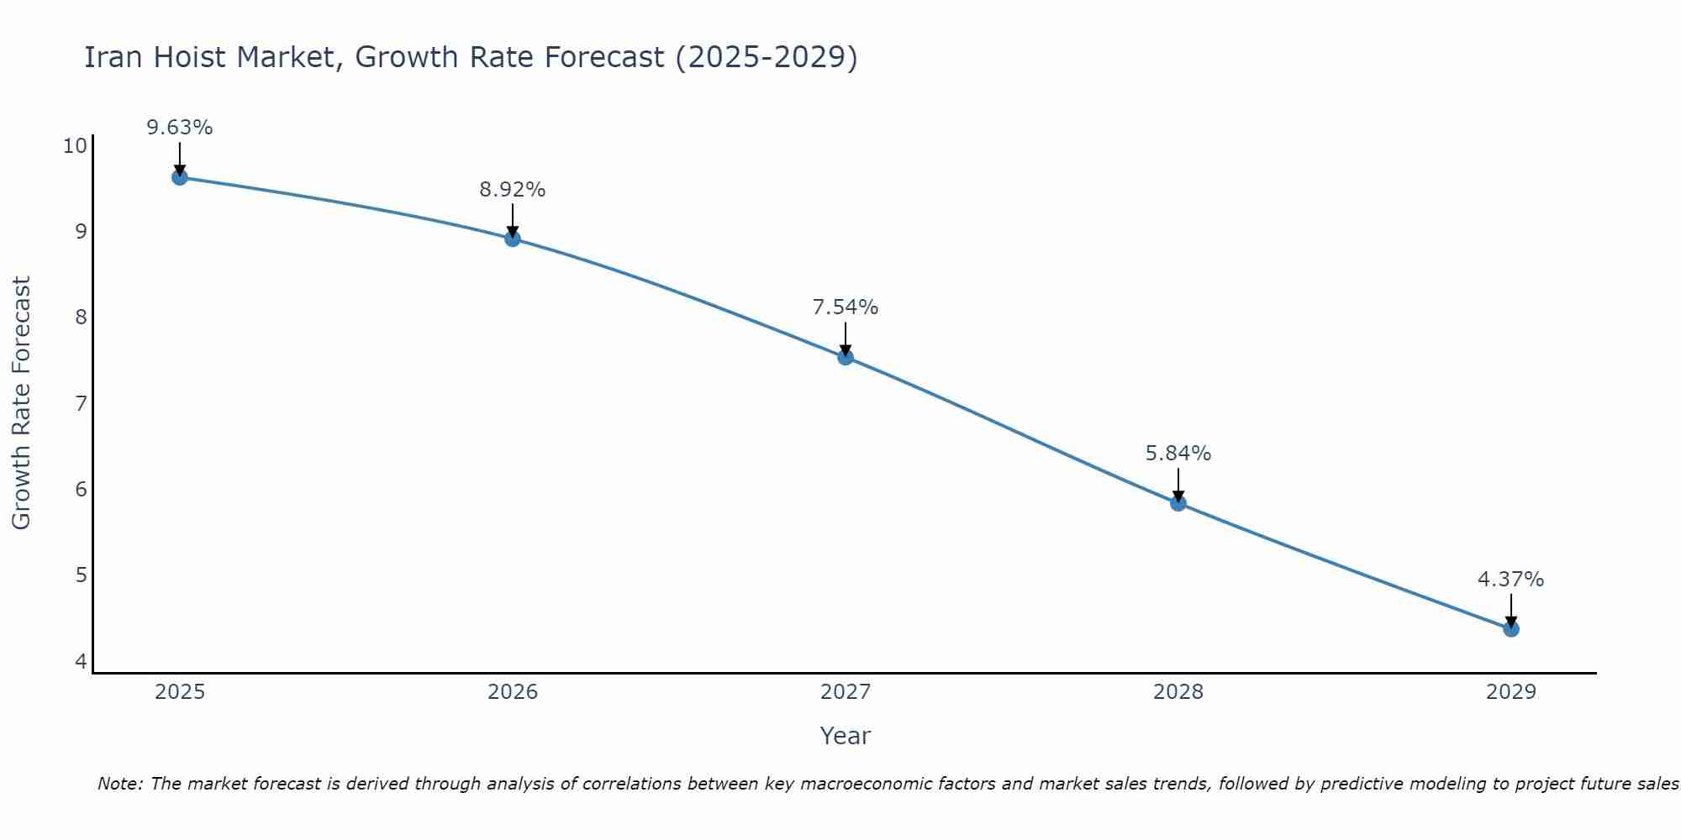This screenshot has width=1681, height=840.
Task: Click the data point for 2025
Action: pos(179,177)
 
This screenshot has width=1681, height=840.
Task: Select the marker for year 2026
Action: pos(513,239)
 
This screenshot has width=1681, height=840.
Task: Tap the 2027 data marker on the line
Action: pos(846,357)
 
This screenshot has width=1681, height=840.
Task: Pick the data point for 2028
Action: pos(1178,503)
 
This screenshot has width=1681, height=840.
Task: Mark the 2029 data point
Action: pos(1511,629)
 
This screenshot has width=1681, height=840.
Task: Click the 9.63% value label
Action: pos(179,128)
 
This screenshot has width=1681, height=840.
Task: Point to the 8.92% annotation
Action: pos(513,190)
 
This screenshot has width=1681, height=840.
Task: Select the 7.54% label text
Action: pos(846,307)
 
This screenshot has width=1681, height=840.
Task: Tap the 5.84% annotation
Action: pos(1178,454)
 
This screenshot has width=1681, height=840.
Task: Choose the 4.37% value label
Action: pos(1511,580)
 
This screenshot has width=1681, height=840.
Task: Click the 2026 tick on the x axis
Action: pos(513,692)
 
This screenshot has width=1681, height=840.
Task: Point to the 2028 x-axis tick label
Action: pos(1178,692)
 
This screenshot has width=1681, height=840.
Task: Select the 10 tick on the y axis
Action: pos(75,146)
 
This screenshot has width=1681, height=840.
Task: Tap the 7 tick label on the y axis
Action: pos(81,404)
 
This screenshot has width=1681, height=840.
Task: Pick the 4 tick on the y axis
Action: pos(81,662)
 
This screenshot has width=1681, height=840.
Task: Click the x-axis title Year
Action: pos(846,736)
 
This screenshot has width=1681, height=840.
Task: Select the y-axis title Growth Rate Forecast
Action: pos(21,403)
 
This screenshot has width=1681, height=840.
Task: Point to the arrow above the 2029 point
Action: pos(1511,609)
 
